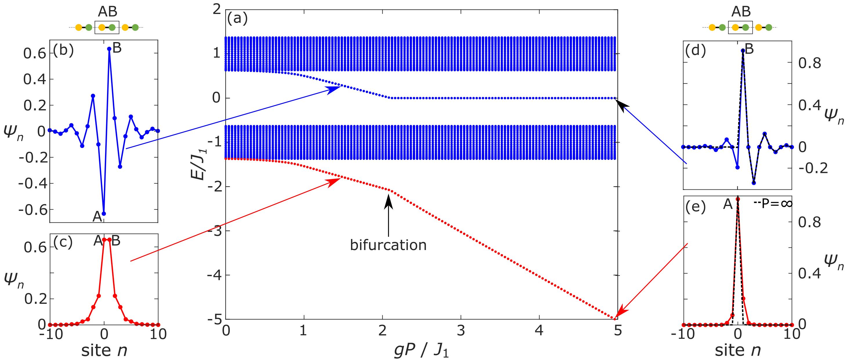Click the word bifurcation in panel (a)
click(x=388, y=245)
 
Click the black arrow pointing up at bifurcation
click(x=388, y=213)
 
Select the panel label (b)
click(x=63, y=50)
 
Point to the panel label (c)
click(x=63, y=242)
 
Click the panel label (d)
click(x=695, y=50)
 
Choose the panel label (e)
click(x=695, y=207)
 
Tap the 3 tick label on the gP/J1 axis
click(x=461, y=331)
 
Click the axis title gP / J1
click(x=421, y=350)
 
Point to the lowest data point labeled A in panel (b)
click(x=104, y=214)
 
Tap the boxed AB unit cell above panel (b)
click(x=107, y=28)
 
